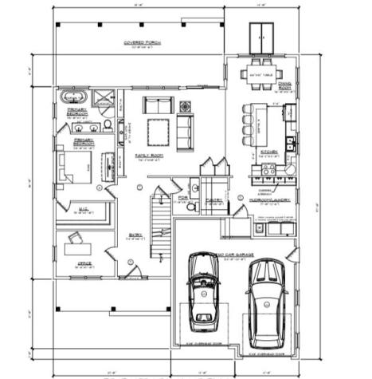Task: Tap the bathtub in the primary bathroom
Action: pyautogui.click(x=73, y=98)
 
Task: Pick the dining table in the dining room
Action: pyautogui.click(x=259, y=73)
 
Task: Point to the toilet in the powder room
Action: pyautogui.click(x=191, y=207)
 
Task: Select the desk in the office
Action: pyautogui.click(x=77, y=244)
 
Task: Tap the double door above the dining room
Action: pyautogui.click(x=259, y=34)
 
